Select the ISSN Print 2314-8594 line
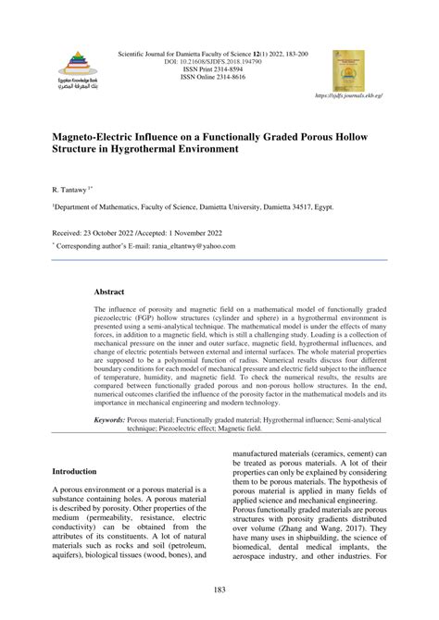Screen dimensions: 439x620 (219, 71)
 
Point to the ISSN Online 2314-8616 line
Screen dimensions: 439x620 (219, 80)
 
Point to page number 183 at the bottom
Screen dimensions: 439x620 (219, 589)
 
